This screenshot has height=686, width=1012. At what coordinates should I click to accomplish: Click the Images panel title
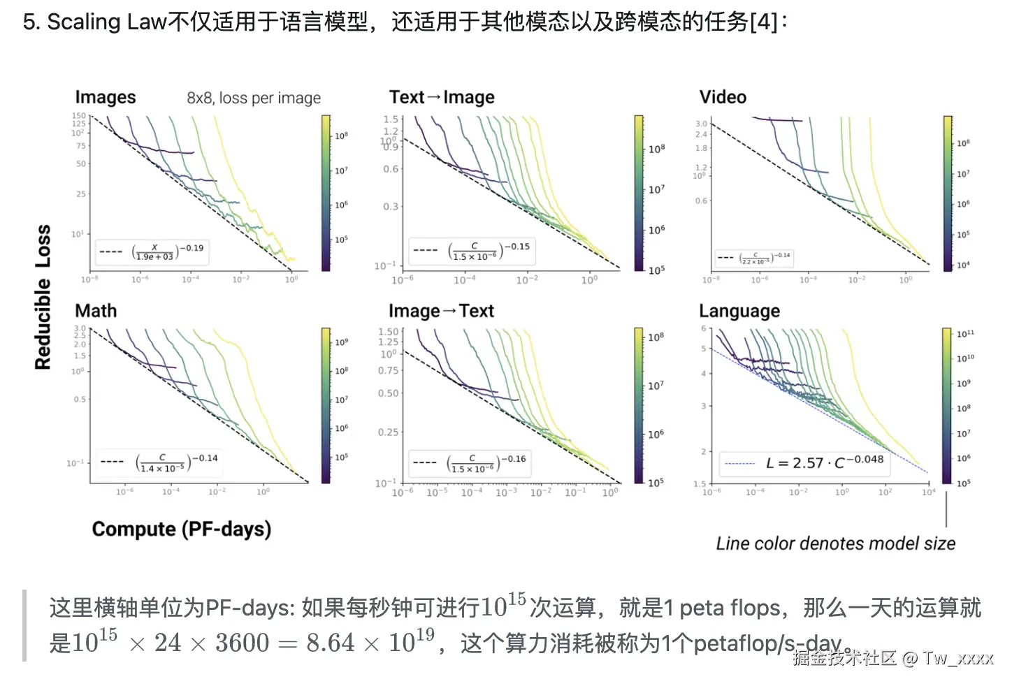pos(106,97)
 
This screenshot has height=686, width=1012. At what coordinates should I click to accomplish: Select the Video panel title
pos(723,97)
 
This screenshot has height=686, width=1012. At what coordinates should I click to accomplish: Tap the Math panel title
pos(96,311)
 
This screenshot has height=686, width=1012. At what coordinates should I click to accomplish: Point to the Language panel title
pos(739,311)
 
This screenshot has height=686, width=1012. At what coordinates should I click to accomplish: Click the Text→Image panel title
pos(442,97)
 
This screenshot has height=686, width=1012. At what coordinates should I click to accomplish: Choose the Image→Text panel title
pos(441,311)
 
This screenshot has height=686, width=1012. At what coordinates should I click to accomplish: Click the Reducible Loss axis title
pos(43,297)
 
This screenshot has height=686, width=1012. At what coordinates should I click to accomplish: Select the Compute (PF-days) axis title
pos(182,529)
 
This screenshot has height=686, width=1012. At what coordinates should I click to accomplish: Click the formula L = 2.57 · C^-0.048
pos(825,462)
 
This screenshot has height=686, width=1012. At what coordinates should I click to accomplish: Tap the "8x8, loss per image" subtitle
pos(254,98)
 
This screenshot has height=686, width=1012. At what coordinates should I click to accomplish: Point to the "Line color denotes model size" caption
pos(835,543)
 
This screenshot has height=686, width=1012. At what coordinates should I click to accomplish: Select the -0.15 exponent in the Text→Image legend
pos(517,247)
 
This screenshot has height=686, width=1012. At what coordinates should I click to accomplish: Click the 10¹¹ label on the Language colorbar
pos(965,334)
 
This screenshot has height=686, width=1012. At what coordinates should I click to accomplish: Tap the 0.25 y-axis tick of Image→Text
pos(389,432)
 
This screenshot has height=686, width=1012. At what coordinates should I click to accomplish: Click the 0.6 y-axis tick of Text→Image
pos(391,169)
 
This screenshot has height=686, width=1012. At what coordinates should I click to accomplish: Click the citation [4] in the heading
pos(762,22)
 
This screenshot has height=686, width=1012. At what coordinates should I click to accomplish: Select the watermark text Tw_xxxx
pos(957,657)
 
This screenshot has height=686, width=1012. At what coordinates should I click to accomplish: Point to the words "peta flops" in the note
pos(730,608)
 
